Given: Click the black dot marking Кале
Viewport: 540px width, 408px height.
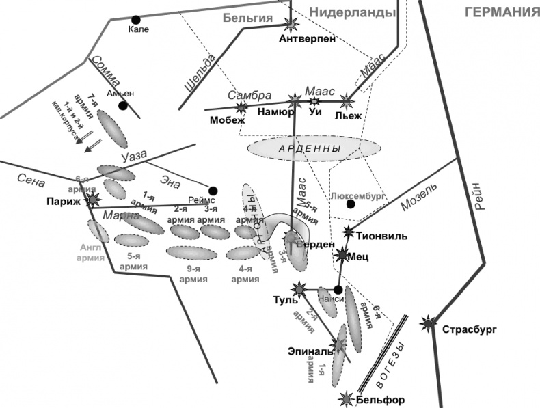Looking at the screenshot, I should (136, 20).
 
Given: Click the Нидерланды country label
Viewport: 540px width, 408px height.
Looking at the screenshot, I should (352, 12).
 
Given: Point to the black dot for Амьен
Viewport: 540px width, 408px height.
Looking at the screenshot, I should (123, 106).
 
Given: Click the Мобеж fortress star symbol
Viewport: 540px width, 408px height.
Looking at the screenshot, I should (241, 107).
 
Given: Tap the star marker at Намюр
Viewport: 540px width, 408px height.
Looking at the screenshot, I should (295, 100).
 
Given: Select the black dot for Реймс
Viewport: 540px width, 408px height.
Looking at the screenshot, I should (213, 191).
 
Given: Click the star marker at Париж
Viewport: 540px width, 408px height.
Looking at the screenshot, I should (93, 200).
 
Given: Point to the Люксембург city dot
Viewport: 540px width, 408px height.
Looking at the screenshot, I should (350, 204).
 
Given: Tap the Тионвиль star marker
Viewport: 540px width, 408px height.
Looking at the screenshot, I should (349, 231).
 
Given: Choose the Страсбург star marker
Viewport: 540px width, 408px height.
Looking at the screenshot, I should (429, 323).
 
